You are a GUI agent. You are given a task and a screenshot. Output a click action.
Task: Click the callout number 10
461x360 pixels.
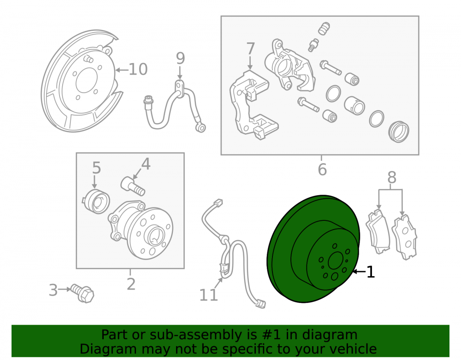point(138,69)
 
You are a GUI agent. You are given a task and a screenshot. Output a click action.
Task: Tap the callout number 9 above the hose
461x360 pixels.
point(180,58)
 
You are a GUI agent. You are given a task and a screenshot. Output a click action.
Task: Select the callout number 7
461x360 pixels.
point(250,48)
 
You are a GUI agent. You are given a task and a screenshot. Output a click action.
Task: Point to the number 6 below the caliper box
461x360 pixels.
point(322,169)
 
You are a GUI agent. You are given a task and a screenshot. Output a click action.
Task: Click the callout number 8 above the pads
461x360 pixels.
point(391,177)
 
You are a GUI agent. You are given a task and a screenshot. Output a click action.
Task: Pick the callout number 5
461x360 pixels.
point(96,168)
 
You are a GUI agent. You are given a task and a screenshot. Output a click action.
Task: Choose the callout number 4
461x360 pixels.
point(146,164)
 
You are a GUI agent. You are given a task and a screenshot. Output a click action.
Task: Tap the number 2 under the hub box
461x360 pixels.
point(131,284)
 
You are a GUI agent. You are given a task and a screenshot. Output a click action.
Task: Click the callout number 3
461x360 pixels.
point(53,290)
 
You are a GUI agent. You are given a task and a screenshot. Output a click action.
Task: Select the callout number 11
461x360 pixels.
point(209,295)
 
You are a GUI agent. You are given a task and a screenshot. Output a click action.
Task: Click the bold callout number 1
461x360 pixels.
point(371,272)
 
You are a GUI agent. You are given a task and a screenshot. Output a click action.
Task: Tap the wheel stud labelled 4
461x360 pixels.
point(133,186)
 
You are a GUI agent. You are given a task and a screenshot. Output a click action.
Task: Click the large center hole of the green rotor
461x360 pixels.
point(336,260)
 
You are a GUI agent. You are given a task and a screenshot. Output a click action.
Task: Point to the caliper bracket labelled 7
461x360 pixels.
point(251,104)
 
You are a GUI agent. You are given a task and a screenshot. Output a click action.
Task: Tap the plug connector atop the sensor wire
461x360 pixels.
point(218,203)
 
